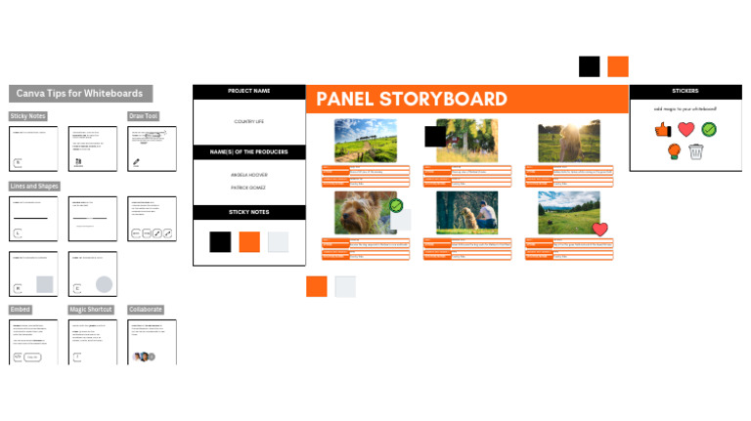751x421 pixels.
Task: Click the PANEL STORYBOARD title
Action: (412, 99)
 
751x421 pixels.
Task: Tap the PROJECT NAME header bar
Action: (248, 92)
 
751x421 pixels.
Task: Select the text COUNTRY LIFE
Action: (248, 121)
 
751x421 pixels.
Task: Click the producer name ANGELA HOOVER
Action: (248, 175)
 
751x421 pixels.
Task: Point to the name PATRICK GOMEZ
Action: (248, 187)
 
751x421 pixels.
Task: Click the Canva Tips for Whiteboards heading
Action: (80, 94)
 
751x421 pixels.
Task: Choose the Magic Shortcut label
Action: (91, 310)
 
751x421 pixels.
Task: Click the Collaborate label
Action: (146, 310)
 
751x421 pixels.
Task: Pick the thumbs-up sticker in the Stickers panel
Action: (663, 129)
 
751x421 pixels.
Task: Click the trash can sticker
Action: (695, 151)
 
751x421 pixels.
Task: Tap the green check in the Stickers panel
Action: (709, 129)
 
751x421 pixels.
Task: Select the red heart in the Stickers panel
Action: (686, 129)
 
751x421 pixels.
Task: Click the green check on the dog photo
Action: (396, 206)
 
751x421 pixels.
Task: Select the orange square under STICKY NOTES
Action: (249, 242)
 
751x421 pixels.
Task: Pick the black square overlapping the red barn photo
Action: (434, 136)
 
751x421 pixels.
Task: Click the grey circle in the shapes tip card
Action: (104, 284)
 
